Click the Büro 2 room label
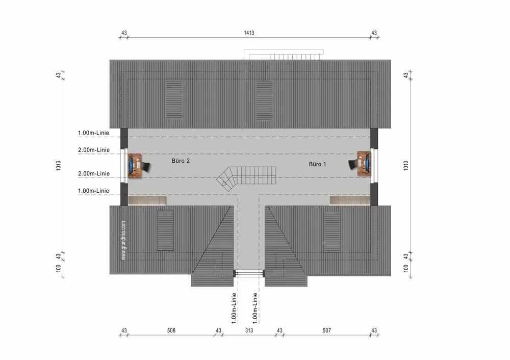[181, 161]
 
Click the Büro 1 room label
[317, 164]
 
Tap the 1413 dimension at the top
[249, 33]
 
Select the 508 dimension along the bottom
[171, 330]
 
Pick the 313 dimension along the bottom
[249, 330]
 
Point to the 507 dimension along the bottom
[326, 330]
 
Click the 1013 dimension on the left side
[59, 166]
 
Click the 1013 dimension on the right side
[405, 166]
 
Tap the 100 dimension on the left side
[59, 268]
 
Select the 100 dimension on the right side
[405, 268]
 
